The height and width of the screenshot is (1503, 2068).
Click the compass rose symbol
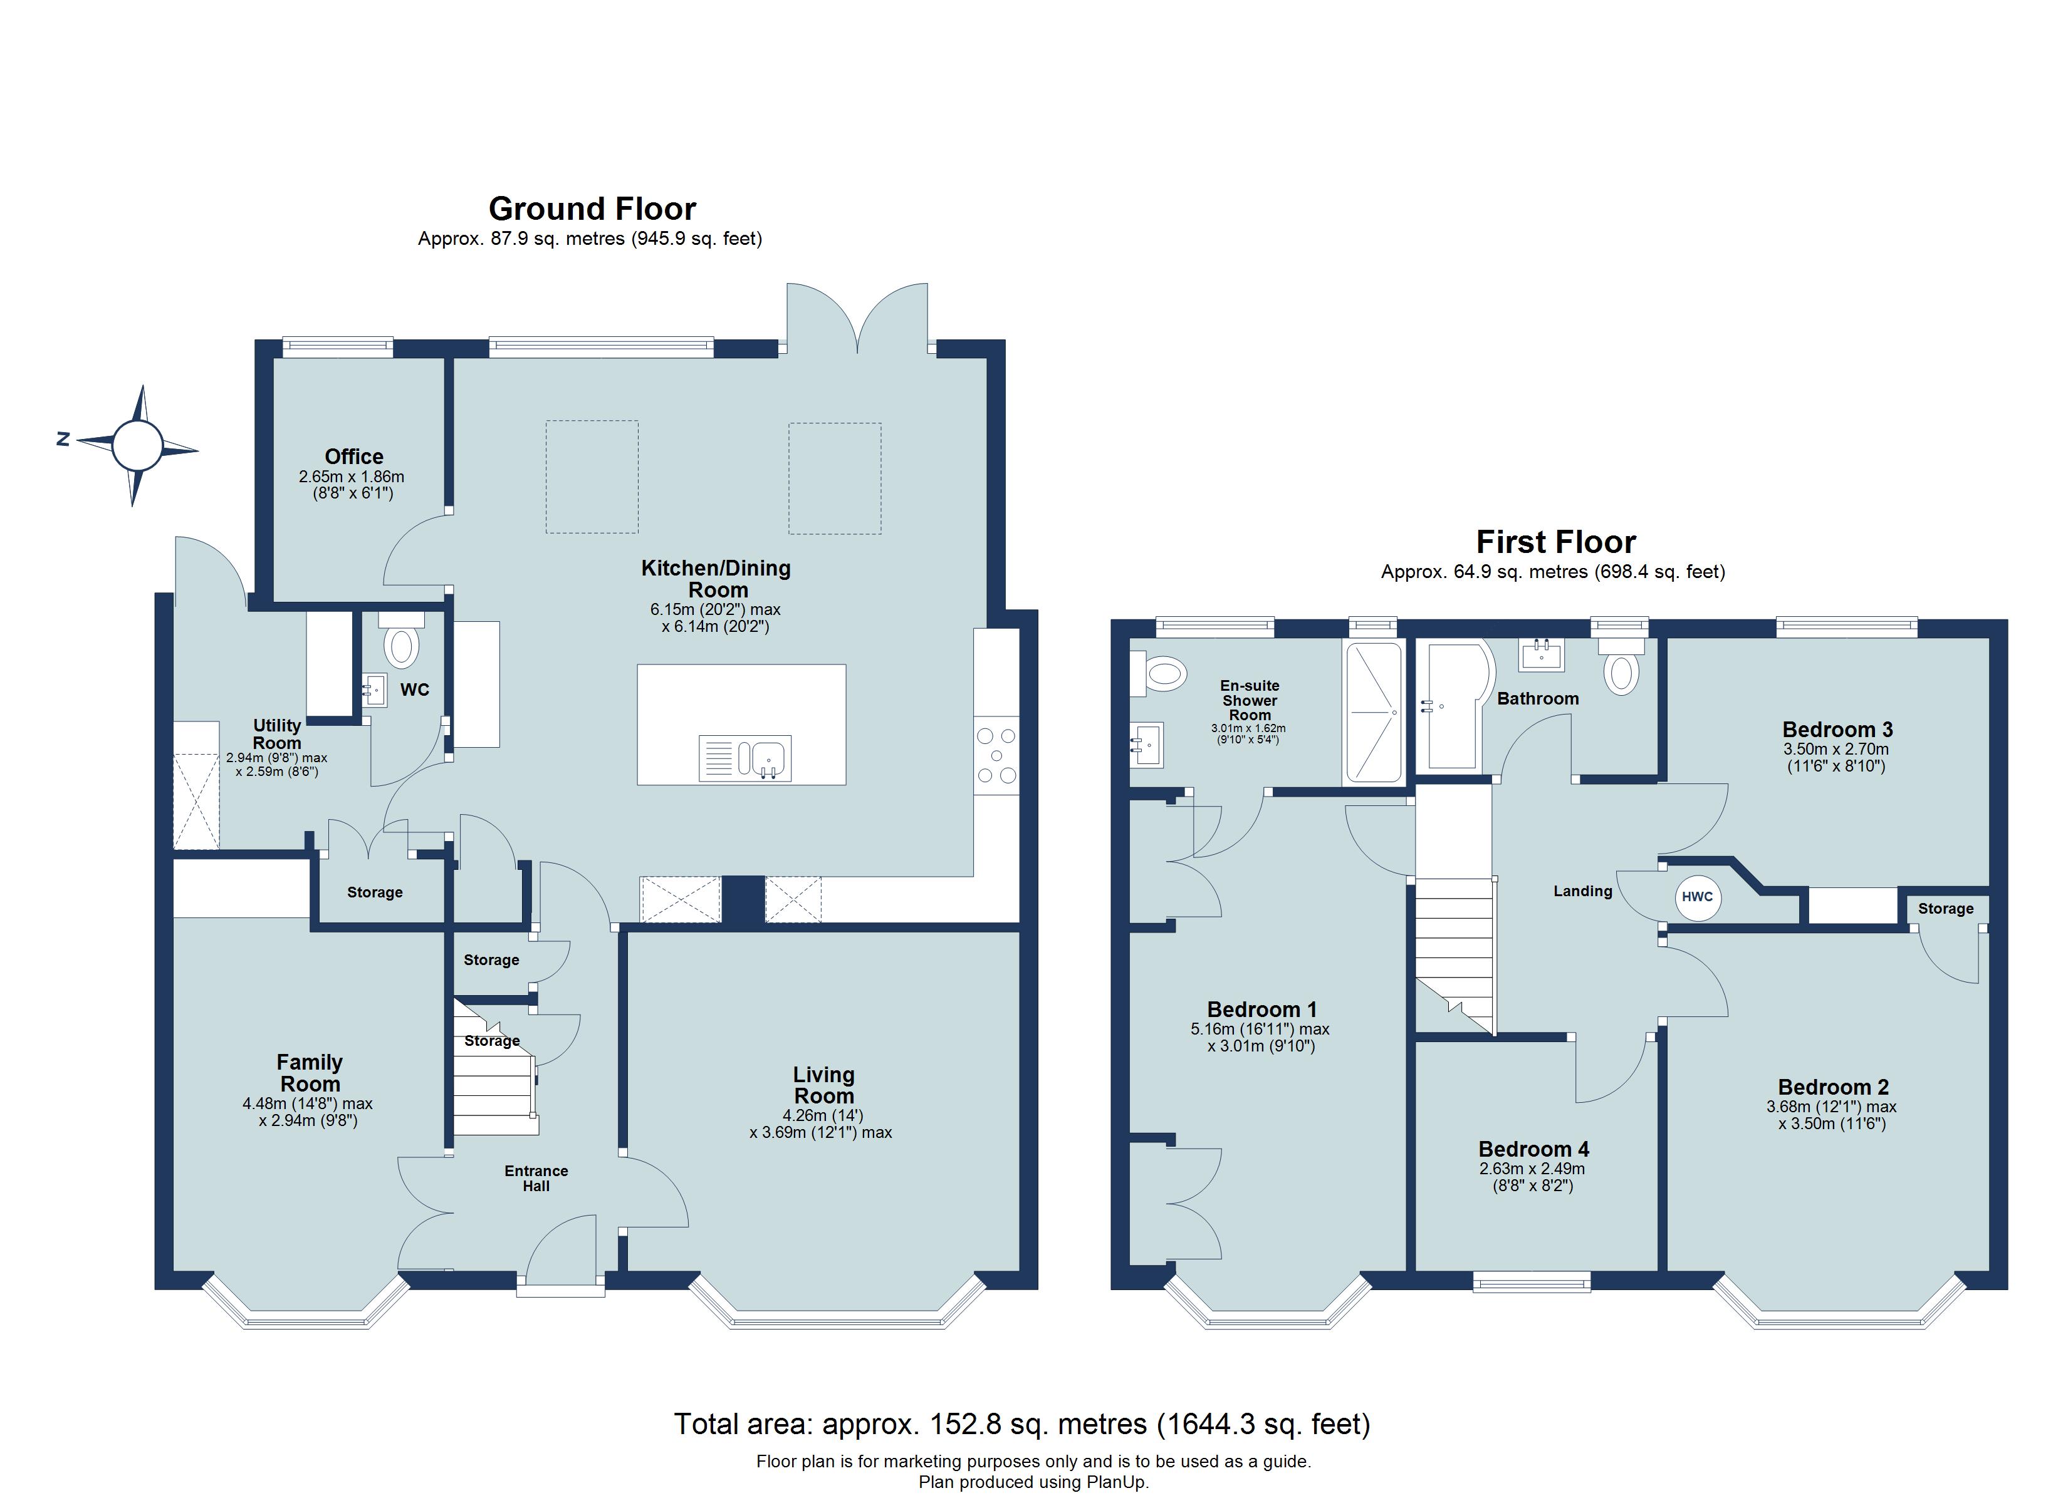point(137,446)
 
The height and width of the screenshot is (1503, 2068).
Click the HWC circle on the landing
point(1697,897)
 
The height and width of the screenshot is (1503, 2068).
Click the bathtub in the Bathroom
point(1453,706)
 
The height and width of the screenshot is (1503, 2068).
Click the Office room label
point(354,457)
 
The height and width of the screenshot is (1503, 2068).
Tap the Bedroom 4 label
point(1533,1149)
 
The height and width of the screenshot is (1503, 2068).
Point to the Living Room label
point(823,1085)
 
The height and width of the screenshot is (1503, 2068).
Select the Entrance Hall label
point(536,1179)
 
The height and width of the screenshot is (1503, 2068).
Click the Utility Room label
point(276,734)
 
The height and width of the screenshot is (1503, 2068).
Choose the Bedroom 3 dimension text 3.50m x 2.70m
point(1836,749)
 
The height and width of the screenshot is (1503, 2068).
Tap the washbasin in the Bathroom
point(1541,654)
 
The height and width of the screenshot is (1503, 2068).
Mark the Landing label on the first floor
point(1583,891)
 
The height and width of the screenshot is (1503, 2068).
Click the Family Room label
point(310,1073)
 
